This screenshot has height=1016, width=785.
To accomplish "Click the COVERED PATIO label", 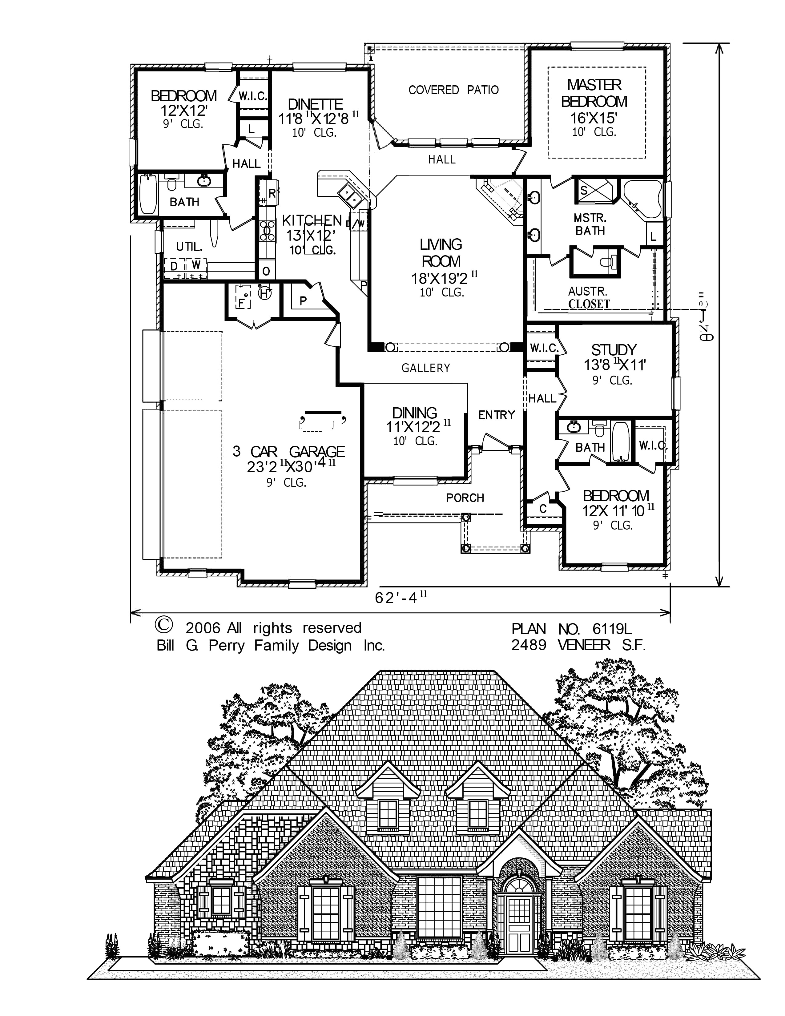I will coord(453,90).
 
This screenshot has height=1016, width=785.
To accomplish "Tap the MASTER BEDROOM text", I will coord(594,93).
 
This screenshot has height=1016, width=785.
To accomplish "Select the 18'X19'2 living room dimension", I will coord(440,278).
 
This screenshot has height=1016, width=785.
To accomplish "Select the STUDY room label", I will coord(614,349).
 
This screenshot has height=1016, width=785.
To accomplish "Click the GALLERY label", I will coord(425,368).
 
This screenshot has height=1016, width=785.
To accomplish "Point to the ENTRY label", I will coord(497,415).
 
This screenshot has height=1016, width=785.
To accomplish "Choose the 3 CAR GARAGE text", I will coord(289,451).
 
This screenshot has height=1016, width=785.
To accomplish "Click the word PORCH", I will coord(465,498).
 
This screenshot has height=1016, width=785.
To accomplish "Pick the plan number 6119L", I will coord(612,629).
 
